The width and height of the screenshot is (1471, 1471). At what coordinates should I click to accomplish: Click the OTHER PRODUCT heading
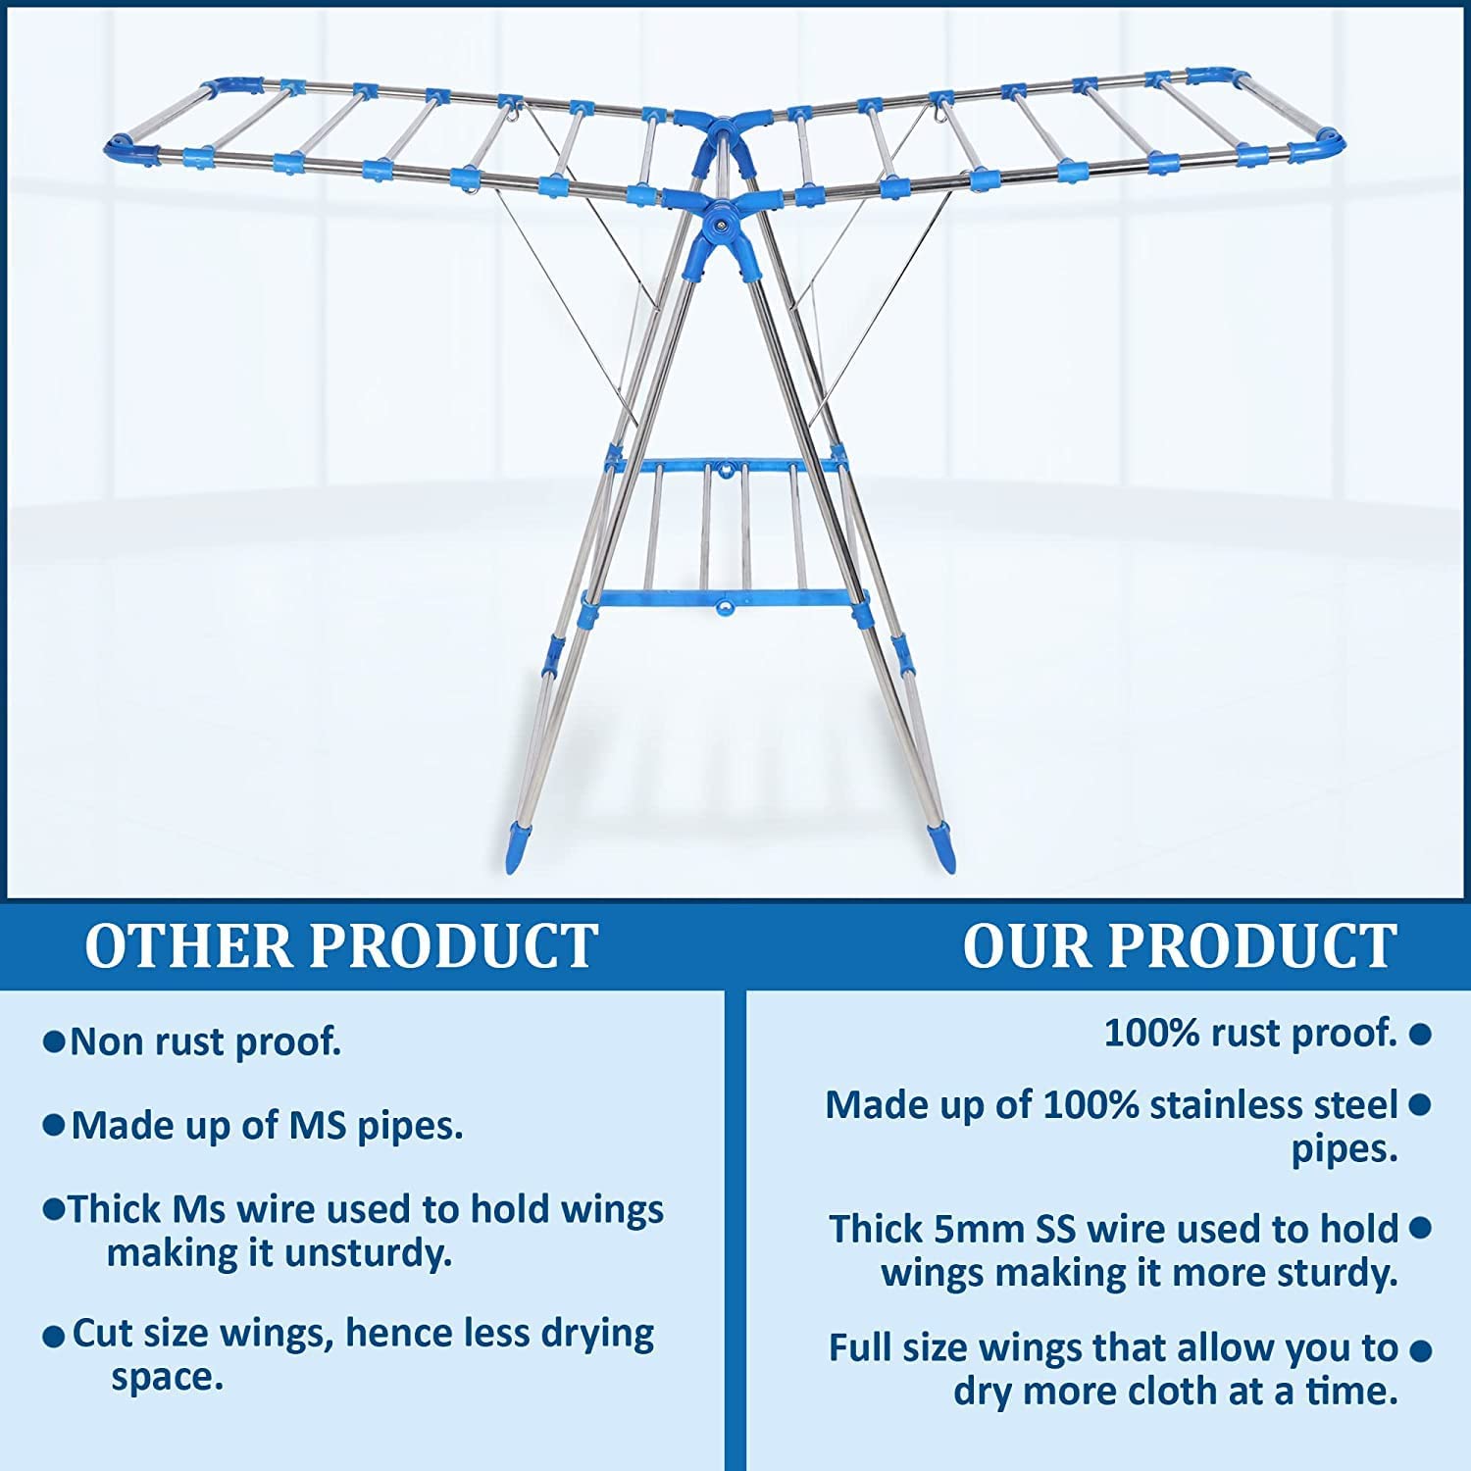[x=341, y=945]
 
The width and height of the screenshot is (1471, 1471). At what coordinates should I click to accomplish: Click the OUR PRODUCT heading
[x=1179, y=945]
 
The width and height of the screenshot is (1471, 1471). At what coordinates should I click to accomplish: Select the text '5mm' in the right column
[x=985, y=1229]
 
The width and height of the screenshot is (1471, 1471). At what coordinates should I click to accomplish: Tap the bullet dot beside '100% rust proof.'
[x=1419, y=1034]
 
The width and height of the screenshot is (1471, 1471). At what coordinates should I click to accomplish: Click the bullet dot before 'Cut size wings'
[x=54, y=1337]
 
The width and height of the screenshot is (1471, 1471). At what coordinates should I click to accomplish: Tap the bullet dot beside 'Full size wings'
[x=1419, y=1350]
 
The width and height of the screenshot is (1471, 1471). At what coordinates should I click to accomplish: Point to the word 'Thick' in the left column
[x=116, y=1209]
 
